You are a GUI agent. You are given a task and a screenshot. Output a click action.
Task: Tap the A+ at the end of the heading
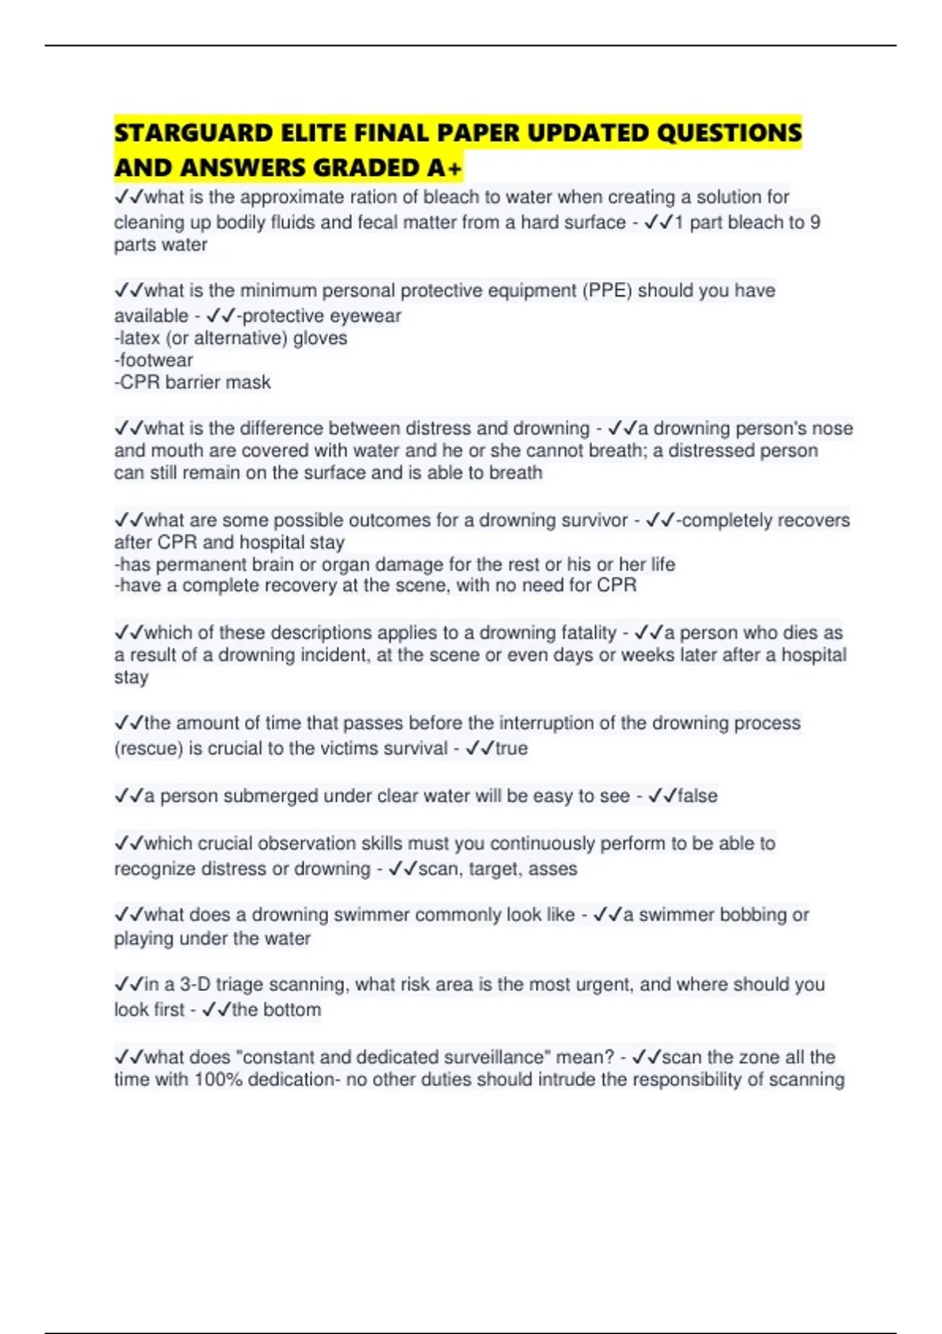click(446, 168)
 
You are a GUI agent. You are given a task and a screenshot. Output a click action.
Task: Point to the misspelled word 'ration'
click(372, 197)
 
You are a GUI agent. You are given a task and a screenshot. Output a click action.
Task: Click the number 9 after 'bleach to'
click(815, 222)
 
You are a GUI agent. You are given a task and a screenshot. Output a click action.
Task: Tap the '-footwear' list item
click(154, 360)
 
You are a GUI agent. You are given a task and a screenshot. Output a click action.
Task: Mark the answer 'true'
click(511, 749)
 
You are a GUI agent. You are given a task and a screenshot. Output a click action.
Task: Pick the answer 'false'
click(697, 796)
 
